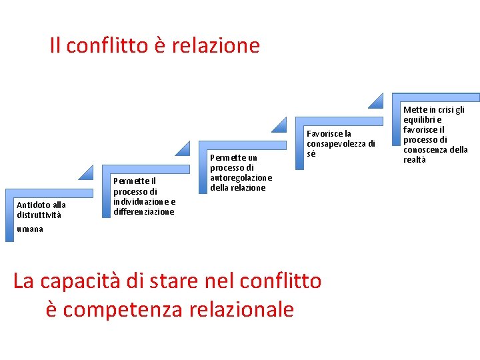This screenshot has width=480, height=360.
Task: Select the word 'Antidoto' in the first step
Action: pos(31,205)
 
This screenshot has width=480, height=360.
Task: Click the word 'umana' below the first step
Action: pos(30,229)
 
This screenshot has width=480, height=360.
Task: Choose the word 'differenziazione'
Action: pos(144,212)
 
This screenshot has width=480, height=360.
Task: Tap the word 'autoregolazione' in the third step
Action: pos(241,178)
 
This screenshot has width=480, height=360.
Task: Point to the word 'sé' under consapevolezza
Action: pos(311,154)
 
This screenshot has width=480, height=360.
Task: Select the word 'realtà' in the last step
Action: pos(415,160)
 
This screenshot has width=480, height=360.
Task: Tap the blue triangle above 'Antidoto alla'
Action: pos(86,172)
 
